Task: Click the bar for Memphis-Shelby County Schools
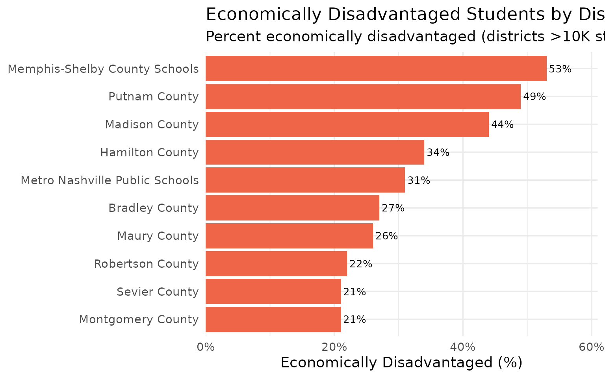click(376, 69)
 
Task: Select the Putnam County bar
click(363, 96)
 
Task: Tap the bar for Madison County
click(347, 124)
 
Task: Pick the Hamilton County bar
click(315, 152)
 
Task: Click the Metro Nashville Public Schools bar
click(305, 180)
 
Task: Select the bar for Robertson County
click(276, 264)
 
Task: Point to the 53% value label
click(560, 69)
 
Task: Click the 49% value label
click(534, 97)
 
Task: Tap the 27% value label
click(393, 208)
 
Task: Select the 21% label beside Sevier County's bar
click(354, 292)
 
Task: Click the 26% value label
click(386, 236)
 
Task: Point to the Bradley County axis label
click(153, 208)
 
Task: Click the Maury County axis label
click(158, 236)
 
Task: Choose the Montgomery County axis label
click(139, 319)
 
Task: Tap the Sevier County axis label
click(158, 292)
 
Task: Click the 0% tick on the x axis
click(206, 347)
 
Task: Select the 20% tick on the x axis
click(334, 347)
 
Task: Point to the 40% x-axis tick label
click(462, 347)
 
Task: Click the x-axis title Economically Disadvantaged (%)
click(401, 363)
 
